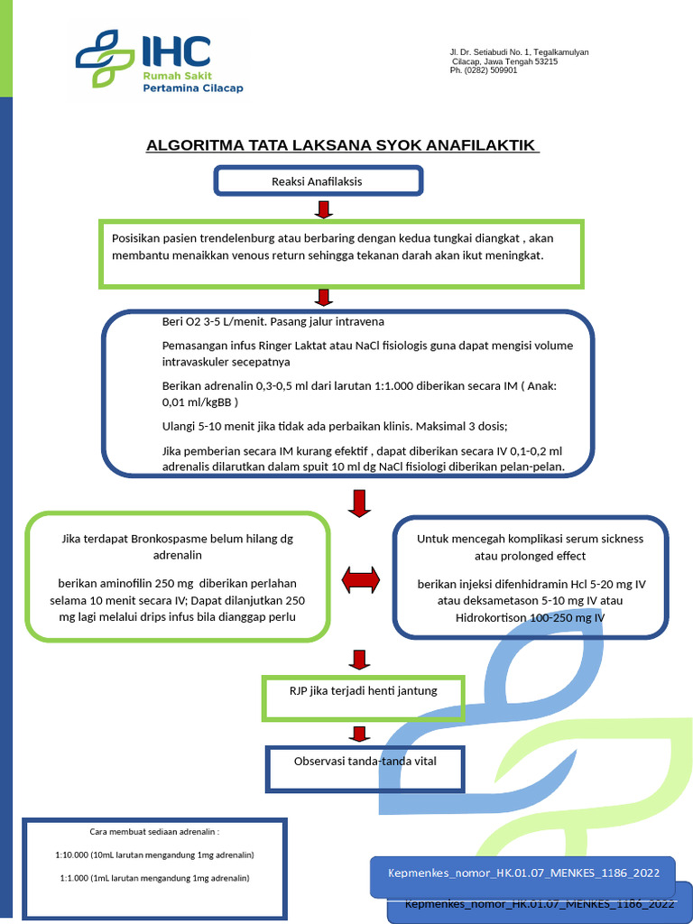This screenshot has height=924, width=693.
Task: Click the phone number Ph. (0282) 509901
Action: (484, 70)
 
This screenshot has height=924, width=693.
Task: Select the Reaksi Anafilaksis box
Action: (318, 181)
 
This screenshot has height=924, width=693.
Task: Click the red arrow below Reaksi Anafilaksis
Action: (324, 210)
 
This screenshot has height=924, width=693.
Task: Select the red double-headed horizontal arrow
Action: (360, 580)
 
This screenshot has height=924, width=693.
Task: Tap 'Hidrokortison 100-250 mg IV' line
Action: (530, 617)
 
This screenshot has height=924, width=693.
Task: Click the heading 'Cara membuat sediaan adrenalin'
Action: (155, 831)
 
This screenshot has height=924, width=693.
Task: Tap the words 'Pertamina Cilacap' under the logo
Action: (192, 88)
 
